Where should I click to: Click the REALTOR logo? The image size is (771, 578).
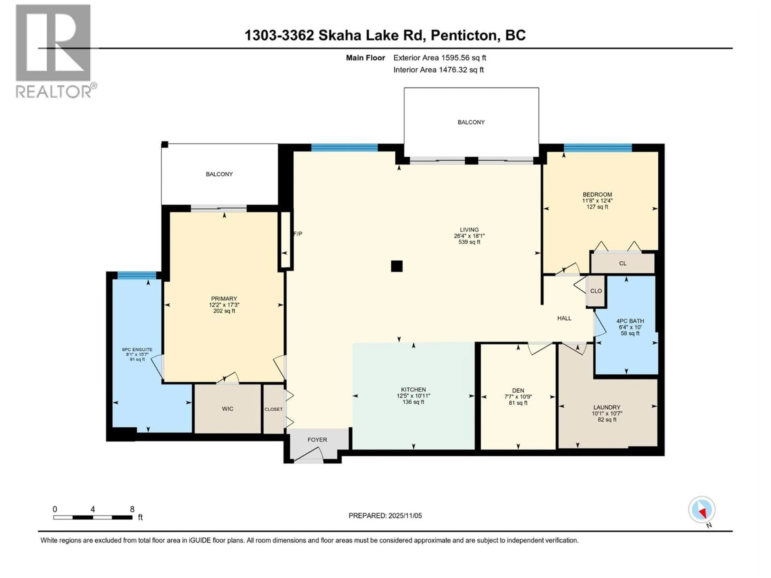tap(54, 51)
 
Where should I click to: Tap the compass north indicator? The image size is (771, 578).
tap(702, 510)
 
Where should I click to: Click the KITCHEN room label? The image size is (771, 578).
tap(413, 390)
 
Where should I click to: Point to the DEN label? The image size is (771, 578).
tap(518, 391)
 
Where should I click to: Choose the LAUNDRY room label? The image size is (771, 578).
tap(607, 407)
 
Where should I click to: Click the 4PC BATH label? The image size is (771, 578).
tap(630, 321)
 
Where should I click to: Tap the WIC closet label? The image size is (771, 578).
tap(228, 409)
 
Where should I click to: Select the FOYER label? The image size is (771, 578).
tap(317, 440)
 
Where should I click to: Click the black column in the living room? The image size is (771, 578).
tap(397, 266)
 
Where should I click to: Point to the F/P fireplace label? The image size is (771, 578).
tap(298, 234)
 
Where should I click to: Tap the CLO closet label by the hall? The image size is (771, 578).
tap(596, 291)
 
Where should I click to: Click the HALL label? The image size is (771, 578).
tap(564, 318)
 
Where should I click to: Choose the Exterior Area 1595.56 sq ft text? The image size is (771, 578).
tap(440, 58)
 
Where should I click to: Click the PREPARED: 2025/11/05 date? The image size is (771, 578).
tap(385, 516)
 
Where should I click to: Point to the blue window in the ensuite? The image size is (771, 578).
tap(137, 275)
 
